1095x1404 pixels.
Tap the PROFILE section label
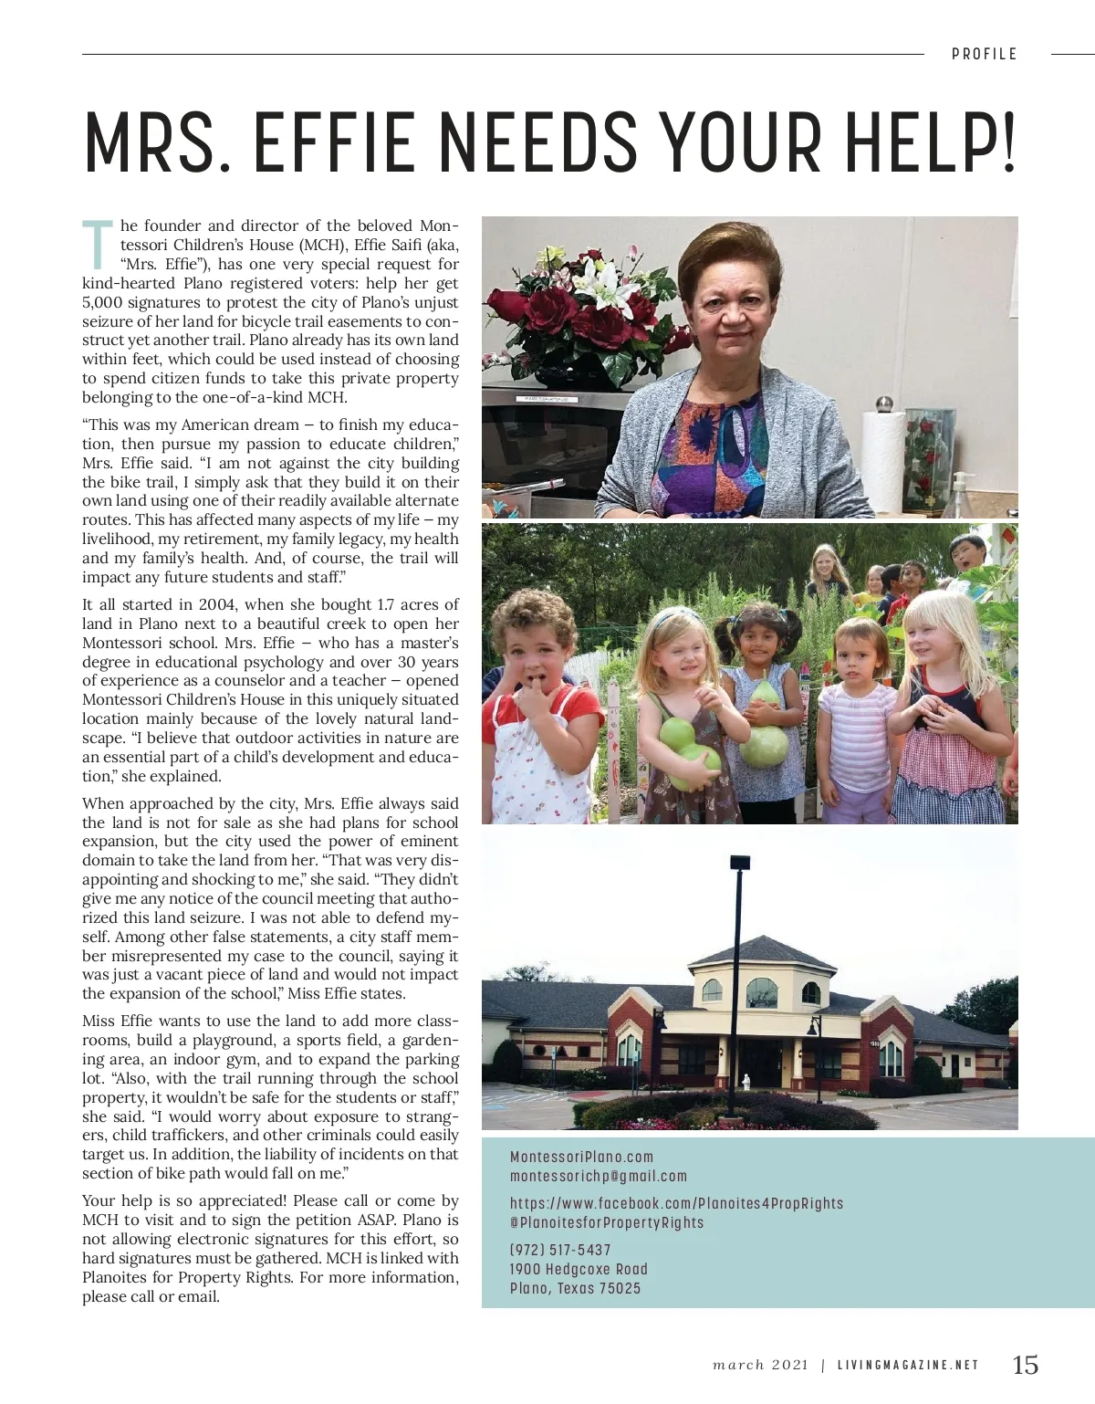(984, 55)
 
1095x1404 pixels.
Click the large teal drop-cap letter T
(98, 246)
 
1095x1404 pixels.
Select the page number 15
(1025, 1365)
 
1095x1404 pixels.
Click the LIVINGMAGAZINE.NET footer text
(908, 1366)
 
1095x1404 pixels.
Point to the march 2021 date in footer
(760, 1366)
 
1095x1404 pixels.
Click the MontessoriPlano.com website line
(581, 1157)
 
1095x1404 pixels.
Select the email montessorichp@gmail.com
(598, 1177)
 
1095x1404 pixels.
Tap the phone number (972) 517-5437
(560, 1250)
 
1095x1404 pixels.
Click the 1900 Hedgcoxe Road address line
(579, 1269)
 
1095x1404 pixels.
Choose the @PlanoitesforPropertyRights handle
(607, 1223)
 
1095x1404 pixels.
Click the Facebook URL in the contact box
(676, 1203)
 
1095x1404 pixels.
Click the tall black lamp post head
(739, 862)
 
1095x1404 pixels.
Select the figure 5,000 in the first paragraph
(102, 303)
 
